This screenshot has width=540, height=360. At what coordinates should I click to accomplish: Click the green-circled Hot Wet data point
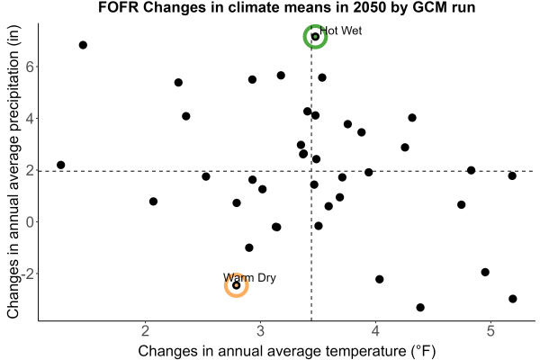coord(315,37)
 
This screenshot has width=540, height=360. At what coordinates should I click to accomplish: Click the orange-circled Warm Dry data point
coord(236,285)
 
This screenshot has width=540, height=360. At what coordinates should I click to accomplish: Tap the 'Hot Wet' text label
coord(340,31)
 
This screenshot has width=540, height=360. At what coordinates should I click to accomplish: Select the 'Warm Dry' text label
coord(249,278)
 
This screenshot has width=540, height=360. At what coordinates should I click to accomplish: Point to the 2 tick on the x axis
coord(145,331)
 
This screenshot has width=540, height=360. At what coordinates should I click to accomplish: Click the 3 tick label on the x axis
coord(260,331)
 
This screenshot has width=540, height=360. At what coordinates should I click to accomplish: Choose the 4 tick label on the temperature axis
coord(375,331)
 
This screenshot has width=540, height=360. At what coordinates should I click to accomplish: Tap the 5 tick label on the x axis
coord(490,331)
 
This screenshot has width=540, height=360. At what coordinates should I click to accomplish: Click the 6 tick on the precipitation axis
coord(30,67)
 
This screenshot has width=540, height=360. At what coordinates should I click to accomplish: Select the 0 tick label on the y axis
coord(30,222)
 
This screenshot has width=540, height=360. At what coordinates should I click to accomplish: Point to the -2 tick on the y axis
coord(28,274)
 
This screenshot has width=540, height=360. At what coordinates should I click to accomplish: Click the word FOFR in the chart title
coord(118,7)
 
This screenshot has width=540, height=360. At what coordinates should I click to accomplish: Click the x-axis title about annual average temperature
coord(287,351)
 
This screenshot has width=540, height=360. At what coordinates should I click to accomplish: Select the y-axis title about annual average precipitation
coord(13,172)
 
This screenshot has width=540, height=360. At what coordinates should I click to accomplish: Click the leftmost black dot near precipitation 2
coord(60,165)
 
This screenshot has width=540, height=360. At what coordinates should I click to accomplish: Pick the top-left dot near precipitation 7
coord(83,45)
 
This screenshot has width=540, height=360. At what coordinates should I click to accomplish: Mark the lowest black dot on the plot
coord(420,307)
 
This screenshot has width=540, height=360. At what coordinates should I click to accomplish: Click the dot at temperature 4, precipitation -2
coord(379,279)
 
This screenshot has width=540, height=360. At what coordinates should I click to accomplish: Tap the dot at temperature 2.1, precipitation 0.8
coord(153,202)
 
